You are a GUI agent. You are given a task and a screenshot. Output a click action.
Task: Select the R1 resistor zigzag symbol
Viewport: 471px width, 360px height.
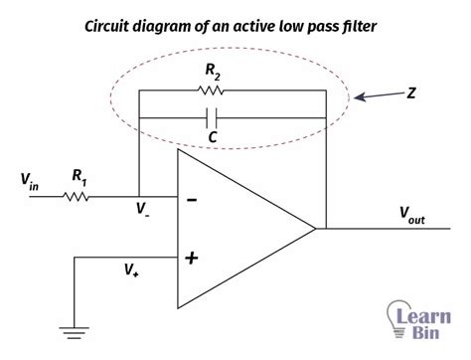pyautogui.click(x=78, y=196)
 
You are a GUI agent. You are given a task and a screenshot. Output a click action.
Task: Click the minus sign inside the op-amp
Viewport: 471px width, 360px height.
pyautogui.click(x=192, y=200)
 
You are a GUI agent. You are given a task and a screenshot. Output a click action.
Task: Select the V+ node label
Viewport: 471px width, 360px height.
pyautogui.click(x=131, y=269)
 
